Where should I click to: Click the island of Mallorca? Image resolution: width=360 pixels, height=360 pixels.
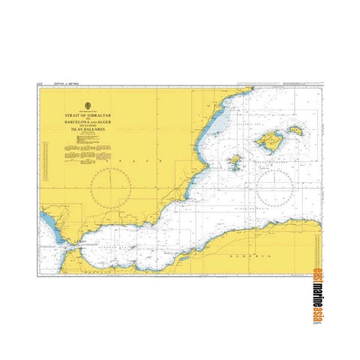pyautogui.click(x=268, y=139)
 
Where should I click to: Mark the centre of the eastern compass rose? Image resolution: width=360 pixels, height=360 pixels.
pyautogui.click(x=274, y=184)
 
